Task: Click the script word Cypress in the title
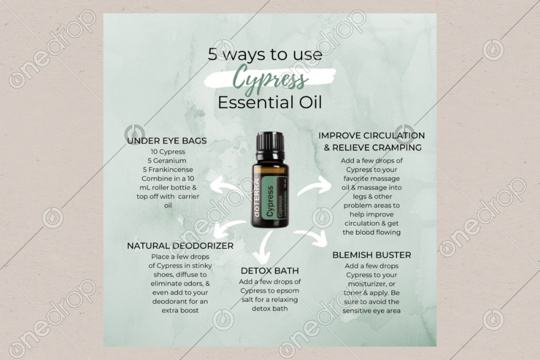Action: pyautogui.click(x=270, y=80)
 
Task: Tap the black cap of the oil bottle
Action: pyautogui.click(x=270, y=142)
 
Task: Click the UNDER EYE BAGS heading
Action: pyautogui.click(x=167, y=141)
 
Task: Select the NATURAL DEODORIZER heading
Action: pyautogui.click(x=180, y=246)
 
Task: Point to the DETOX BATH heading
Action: pyautogui.click(x=270, y=270)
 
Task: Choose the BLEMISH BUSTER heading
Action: pyautogui.click(x=372, y=255)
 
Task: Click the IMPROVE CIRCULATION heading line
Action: pyautogui.click(x=372, y=135)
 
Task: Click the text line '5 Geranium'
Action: pyautogui.click(x=167, y=160)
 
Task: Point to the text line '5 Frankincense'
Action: pyautogui.click(x=167, y=169)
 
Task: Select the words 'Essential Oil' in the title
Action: pyautogui.click(x=270, y=103)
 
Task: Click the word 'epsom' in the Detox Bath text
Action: pyautogui.click(x=285, y=290)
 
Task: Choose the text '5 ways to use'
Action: pyautogui.click(x=265, y=55)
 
